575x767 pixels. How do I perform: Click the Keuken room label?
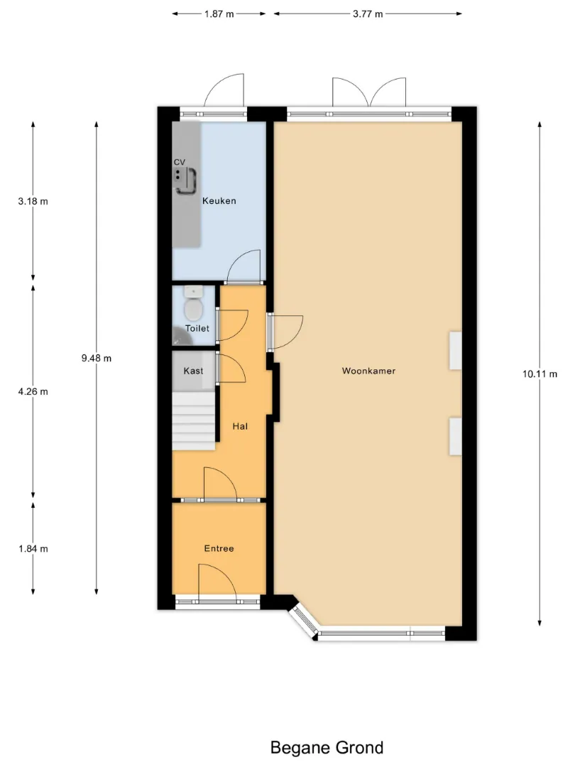tap(219, 200)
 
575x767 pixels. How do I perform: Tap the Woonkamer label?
tap(368, 371)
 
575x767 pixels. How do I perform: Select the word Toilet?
tap(197, 328)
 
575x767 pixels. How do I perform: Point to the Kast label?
tap(193, 371)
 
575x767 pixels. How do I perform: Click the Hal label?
tap(240, 426)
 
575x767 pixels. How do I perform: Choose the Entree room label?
tap(219, 548)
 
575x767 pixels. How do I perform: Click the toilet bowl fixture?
tap(194, 305)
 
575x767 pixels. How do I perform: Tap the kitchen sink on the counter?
tap(185, 180)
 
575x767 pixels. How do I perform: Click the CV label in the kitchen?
tap(180, 162)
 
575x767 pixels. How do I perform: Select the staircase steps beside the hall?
tap(194, 422)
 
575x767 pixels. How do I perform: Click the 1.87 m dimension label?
tap(219, 13)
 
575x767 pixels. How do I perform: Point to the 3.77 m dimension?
tap(368, 13)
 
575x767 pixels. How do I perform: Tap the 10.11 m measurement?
tap(540, 374)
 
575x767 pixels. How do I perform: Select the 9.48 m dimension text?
tap(97, 358)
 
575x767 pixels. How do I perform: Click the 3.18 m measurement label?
tap(33, 201)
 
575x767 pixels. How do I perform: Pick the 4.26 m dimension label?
tap(33, 391)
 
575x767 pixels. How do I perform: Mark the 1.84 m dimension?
tap(33, 549)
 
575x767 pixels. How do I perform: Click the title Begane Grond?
tap(327, 747)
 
